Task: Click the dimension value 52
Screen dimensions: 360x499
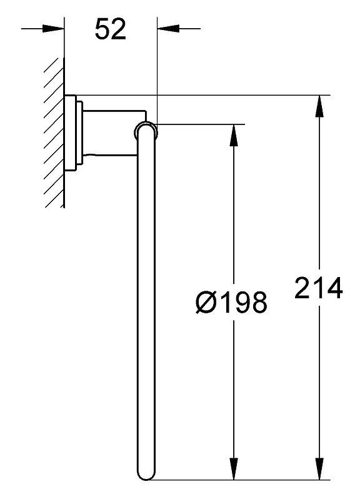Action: click(x=111, y=29)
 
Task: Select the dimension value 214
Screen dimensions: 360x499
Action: click(x=319, y=288)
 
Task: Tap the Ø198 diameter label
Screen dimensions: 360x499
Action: click(x=231, y=302)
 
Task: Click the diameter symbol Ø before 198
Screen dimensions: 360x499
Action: click(x=206, y=302)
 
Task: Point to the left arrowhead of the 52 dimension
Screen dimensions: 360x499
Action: click(x=53, y=29)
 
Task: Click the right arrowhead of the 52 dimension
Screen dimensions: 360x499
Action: click(x=168, y=29)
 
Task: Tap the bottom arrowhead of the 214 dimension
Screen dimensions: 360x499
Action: click(x=319, y=468)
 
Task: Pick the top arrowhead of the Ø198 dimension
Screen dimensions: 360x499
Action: click(x=234, y=135)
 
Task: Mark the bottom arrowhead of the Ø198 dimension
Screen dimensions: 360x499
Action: click(x=234, y=468)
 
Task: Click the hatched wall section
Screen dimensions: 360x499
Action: click(x=54, y=133)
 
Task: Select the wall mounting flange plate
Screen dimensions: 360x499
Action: click(x=70, y=133)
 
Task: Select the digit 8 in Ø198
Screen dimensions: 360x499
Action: click(x=258, y=302)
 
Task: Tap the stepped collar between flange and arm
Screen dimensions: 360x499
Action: click(x=79, y=133)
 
